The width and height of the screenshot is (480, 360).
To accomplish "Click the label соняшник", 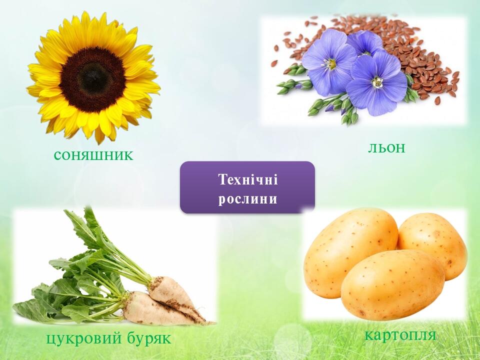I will [93, 155].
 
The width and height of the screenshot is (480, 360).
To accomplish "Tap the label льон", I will [386, 147].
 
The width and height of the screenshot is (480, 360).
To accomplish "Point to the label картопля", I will [400, 334].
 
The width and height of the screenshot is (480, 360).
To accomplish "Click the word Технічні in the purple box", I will [247, 179].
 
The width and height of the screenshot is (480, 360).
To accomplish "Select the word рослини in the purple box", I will [247, 199].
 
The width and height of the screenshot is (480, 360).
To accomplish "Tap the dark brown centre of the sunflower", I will [92, 79].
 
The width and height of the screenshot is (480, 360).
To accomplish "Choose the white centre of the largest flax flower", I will [330, 64].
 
